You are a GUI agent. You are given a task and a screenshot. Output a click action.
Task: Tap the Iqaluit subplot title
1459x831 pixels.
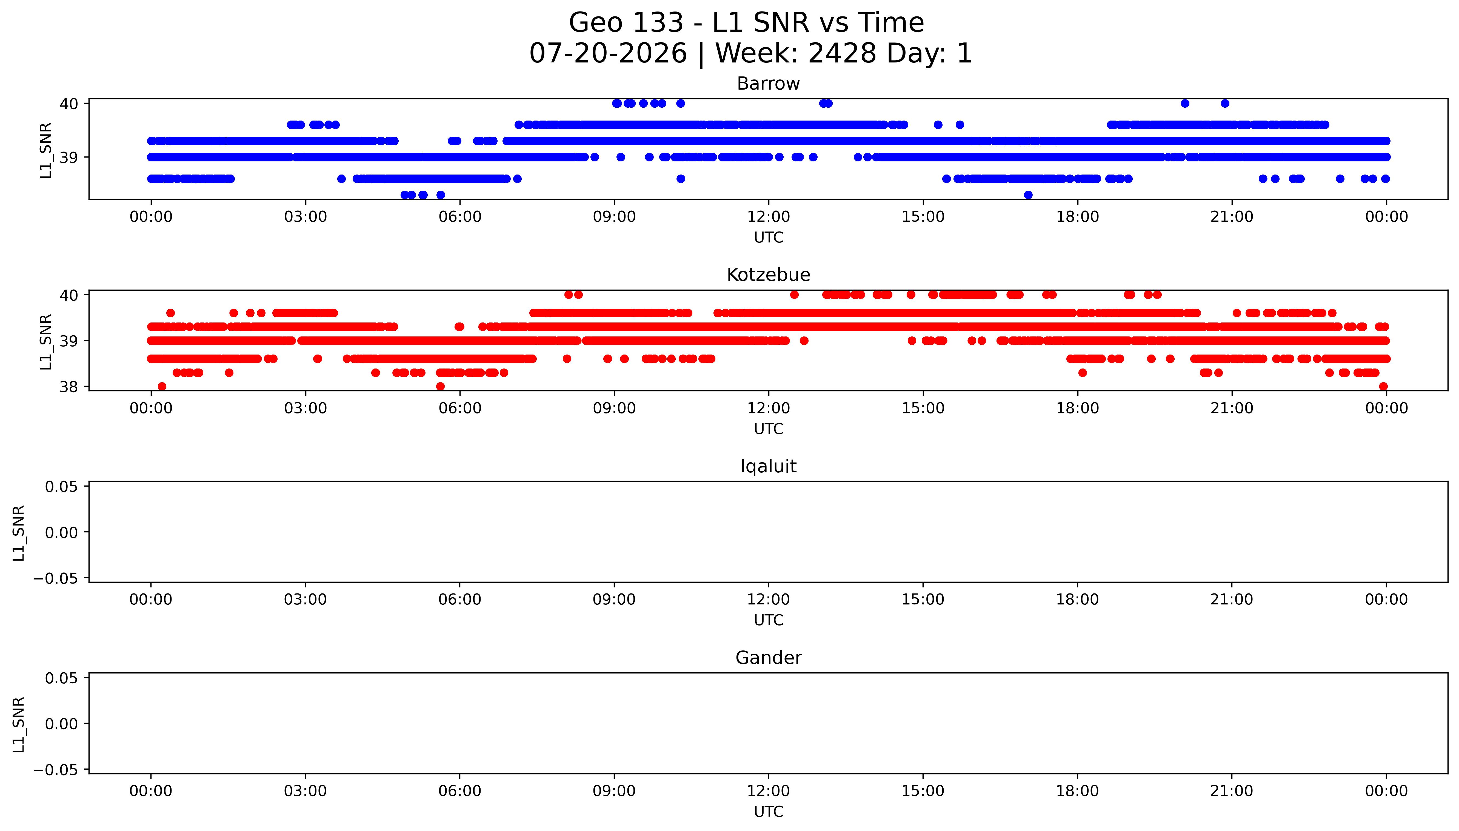click(x=768, y=466)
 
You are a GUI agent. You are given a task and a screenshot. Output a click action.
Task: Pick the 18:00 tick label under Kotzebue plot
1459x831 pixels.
click(x=1077, y=408)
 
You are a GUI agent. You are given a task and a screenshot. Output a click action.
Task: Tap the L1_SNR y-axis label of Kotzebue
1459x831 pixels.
click(x=46, y=341)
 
